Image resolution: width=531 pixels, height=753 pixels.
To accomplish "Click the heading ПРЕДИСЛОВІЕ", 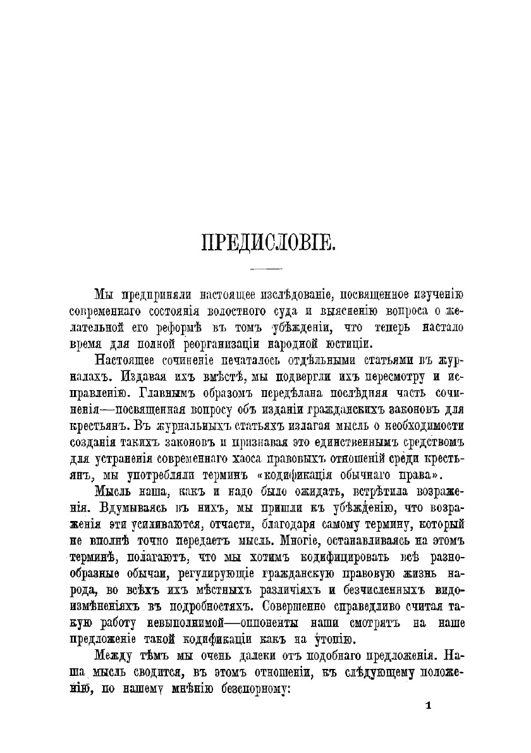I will coord(266,243).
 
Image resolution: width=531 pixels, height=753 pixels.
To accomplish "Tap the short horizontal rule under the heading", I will coord(266,270).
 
